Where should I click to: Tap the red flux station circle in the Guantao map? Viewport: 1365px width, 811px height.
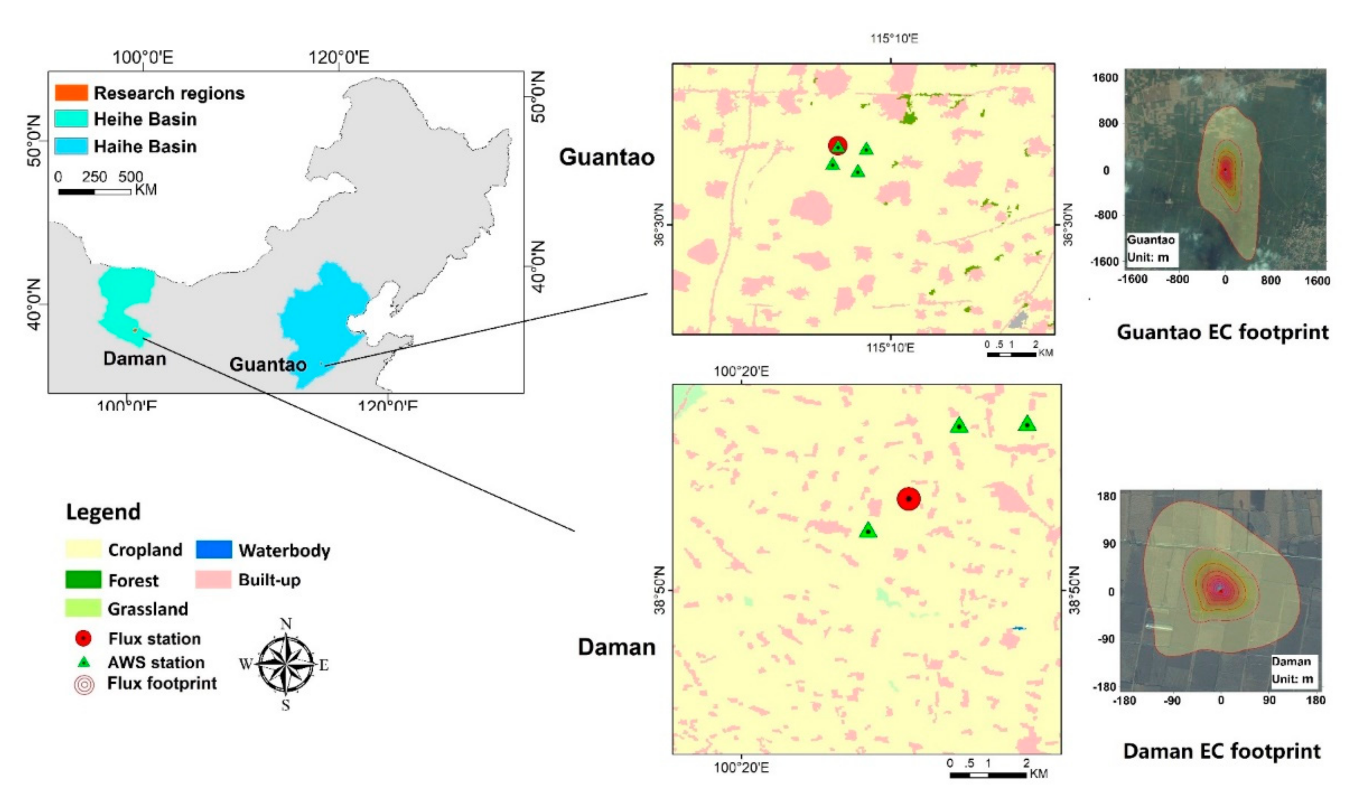pyautogui.click(x=838, y=145)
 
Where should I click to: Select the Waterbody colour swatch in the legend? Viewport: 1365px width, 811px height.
pyautogui.click(x=214, y=549)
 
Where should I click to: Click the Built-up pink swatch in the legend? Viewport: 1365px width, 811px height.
pyautogui.click(x=213, y=580)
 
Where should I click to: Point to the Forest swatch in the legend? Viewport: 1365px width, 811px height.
pyautogui.click(x=83, y=580)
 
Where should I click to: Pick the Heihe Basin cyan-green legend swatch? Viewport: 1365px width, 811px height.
pyautogui.click(x=71, y=119)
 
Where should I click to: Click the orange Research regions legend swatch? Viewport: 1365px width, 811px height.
pyautogui.click(x=71, y=93)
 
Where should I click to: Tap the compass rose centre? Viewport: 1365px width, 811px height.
pyautogui.click(x=285, y=665)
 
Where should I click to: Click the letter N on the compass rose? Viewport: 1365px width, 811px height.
pyautogui.click(x=285, y=624)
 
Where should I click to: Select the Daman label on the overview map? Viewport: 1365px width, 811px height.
pyautogui.click(x=134, y=359)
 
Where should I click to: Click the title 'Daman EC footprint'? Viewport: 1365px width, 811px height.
pyautogui.click(x=1222, y=751)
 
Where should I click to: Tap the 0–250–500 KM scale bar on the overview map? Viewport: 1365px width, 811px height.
pyautogui.click(x=94, y=191)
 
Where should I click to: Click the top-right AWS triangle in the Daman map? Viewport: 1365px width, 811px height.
pyautogui.click(x=1027, y=424)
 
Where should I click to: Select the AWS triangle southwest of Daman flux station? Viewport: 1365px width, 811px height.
pyautogui.click(x=868, y=530)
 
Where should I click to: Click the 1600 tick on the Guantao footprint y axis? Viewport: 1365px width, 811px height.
pyautogui.click(x=1105, y=78)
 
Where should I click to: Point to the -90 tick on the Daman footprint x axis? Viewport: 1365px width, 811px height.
pyautogui.click(x=1173, y=700)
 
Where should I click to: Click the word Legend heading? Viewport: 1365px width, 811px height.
pyautogui.click(x=103, y=512)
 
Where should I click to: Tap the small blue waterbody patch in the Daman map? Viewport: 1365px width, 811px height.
pyautogui.click(x=1019, y=629)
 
